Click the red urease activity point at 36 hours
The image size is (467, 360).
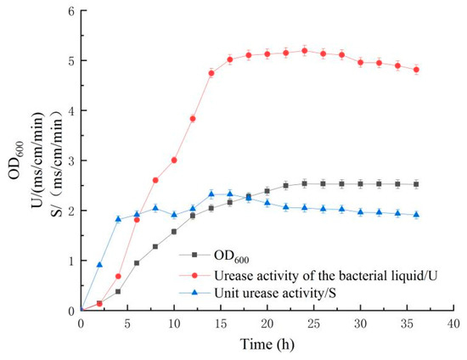(x=416, y=70)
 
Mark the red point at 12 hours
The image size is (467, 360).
(x=193, y=119)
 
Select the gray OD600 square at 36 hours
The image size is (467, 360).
(x=416, y=184)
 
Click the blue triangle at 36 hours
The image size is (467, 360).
(x=416, y=215)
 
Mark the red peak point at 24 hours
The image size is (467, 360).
(x=304, y=51)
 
